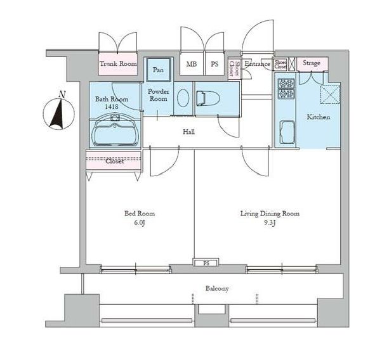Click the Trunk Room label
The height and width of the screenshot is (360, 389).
(x=119, y=64)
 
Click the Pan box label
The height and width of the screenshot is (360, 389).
(x=158, y=70)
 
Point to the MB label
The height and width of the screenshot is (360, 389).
(x=191, y=64)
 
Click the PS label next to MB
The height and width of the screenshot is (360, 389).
(x=214, y=64)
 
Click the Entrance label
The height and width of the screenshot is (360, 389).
(x=258, y=63)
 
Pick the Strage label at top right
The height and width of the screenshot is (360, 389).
(x=311, y=63)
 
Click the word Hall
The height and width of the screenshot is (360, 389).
(x=188, y=132)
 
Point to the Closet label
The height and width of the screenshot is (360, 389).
(x=114, y=161)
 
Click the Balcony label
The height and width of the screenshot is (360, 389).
(x=217, y=288)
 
